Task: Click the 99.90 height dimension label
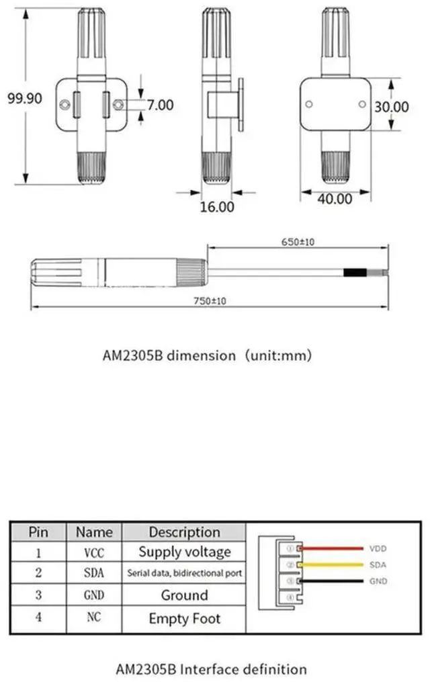pos(25,98)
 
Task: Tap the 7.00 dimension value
pos(160,105)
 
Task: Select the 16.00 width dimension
pos(217,206)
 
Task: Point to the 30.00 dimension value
pos(392,107)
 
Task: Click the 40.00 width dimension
pos(335,199)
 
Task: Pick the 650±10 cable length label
pos(298,242)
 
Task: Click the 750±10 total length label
pos(210,300)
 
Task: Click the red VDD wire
pos(332,548)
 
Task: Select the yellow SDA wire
pos(332,564)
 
